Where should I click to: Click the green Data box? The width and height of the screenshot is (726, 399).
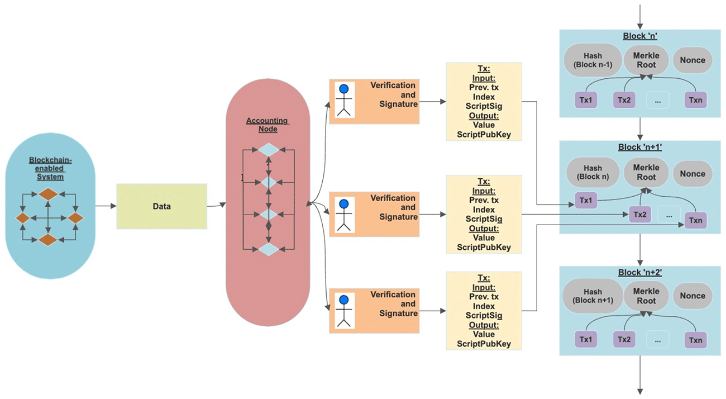click(161, 206)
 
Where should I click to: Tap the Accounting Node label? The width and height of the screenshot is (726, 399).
click(268, 125)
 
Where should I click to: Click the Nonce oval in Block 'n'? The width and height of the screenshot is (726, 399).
click(692, 60)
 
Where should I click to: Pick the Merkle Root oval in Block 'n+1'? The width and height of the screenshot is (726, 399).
click(646, 173)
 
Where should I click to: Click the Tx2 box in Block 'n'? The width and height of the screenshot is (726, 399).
click(624, 100)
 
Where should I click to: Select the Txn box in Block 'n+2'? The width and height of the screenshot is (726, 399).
click(695, 339)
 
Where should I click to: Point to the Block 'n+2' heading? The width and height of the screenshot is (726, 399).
click(640, 273)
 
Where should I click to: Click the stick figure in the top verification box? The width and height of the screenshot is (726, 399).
click(345, 100)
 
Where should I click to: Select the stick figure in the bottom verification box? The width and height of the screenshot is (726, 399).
click(345, 310)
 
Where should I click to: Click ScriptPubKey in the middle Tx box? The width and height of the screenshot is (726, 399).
click(484, 248)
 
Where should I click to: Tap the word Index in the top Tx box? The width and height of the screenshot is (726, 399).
click(484, 97)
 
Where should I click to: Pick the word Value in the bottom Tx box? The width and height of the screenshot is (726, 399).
click(484, 334)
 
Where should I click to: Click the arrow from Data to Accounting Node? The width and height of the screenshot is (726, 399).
click(216, 206)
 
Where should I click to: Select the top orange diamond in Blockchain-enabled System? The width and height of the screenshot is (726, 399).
click(48, 194)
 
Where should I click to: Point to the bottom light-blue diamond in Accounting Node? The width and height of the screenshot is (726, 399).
click(268, 249)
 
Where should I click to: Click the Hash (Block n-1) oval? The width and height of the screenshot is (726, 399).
click(592, 60)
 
